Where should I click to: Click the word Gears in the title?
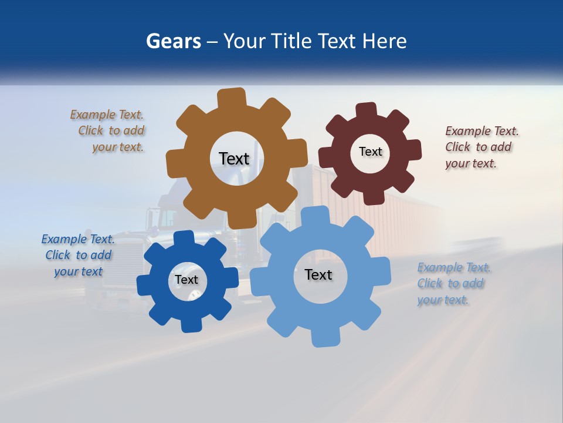click(173, 41)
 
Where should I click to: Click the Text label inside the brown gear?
click(234, 158)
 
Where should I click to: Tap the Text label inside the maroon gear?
click(370, 152)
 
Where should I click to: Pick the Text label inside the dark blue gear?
click(186, 280)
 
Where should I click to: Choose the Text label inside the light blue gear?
click(318, 274)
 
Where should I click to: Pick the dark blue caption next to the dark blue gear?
click(78, 255)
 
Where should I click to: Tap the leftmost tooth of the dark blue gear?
click(144, 284)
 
